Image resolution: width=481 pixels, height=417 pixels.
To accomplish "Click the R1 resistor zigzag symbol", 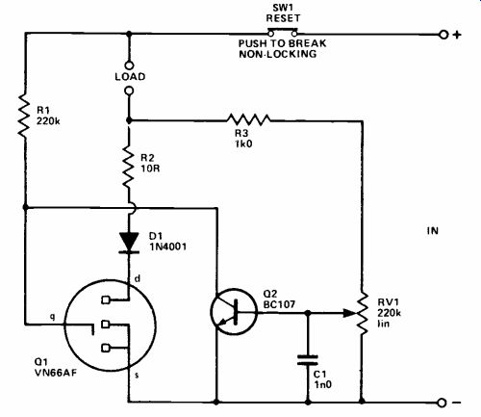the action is [24, 116].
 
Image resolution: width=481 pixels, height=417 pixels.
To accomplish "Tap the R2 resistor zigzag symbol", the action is [128, 167].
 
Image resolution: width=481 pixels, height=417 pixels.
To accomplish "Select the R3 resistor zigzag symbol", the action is [248, 119].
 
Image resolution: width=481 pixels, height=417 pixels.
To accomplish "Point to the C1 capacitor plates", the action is [308, 360].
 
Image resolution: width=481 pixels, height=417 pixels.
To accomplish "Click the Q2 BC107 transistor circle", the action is [234, 312].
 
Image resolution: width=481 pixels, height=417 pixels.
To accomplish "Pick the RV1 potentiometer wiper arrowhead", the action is [349, 313].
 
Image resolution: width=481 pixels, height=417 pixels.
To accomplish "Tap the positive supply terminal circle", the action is [443, 35].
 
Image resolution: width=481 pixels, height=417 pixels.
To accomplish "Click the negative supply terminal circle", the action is [442, 403].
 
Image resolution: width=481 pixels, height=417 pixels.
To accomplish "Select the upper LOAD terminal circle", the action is [129, 65].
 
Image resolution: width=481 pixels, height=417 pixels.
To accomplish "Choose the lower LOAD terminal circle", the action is [129, 91].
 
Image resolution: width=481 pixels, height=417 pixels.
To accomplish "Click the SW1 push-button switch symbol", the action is [283, 32].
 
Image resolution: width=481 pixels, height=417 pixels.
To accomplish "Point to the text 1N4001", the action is [168, 247].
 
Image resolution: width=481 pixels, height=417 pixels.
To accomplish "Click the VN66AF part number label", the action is [56, 373].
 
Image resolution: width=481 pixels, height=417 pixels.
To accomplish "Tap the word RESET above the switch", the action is [283, 18].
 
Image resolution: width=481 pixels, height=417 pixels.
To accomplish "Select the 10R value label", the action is [150, 169].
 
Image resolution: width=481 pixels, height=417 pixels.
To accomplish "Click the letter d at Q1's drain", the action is [137, 278].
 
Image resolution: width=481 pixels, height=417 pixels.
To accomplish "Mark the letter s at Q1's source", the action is [137, 375].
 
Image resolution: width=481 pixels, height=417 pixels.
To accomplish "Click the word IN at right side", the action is [433, 231].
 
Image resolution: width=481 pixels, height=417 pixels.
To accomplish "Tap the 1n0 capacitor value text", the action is [322, 384].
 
